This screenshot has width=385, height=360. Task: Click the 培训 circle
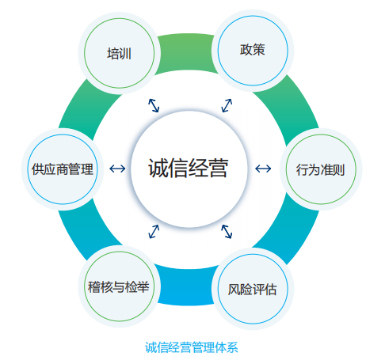point(119,53)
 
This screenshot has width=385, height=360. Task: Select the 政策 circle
point(253,51)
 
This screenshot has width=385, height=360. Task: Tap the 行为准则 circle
point(321,169)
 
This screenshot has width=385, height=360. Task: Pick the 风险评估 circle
point(253,289)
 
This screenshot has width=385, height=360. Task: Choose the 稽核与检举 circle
point(119,286)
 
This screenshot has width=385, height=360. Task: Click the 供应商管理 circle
point(63,169)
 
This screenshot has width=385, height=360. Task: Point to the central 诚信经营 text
point(189,168)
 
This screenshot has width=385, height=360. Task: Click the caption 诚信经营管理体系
point(192,347)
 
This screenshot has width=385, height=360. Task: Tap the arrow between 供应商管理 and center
point(117,169)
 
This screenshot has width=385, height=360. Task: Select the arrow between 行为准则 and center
point(263,169)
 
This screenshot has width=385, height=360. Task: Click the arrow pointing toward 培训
point(154,105)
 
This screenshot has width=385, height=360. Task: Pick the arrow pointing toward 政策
point(227,105)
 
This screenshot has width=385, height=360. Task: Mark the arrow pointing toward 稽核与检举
point(154,232)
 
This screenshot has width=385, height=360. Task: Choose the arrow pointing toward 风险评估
point(227,232)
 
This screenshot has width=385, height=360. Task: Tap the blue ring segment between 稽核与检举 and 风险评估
point(188,286)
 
